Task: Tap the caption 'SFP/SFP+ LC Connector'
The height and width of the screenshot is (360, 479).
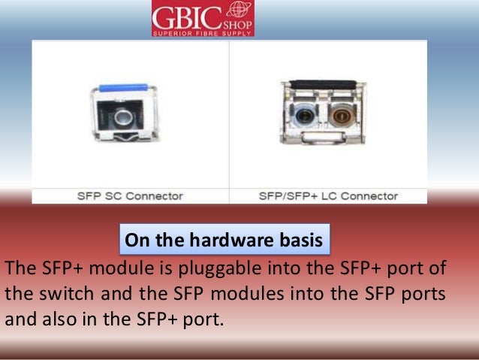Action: pyautogui.click(x=327, y=195)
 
